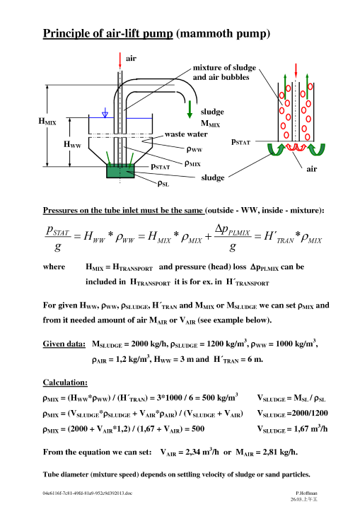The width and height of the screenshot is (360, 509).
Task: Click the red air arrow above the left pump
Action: tap(120, 61)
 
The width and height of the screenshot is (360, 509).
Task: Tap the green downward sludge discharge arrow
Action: tap(190, 110)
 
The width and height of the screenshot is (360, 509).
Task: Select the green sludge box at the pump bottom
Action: tap(120, 171)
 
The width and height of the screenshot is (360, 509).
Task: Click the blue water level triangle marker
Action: tap(105, 113)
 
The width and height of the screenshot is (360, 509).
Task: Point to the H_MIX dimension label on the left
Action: tap(47, 122)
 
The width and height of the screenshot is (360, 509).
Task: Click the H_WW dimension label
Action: tap(72, 144)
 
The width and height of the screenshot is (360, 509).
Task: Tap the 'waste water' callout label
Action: tap(186, 134)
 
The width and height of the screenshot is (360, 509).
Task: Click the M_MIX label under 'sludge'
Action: tap(210, 124)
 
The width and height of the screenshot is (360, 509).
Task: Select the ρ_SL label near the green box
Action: tap(163, 184)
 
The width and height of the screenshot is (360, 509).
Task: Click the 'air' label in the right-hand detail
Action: tap(311, 169)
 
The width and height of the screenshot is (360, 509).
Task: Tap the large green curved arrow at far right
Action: tap(317, 150)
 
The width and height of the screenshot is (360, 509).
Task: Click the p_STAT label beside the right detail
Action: tap(240, 142)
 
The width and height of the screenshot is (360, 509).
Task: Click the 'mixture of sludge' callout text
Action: tap(224, 68)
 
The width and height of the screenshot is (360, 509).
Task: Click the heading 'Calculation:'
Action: tap(65, 382)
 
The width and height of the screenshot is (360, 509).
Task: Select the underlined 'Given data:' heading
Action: tap(64, 344)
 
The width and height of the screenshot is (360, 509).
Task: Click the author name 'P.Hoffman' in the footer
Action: tap(306, 493)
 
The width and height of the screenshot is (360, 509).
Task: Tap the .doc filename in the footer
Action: tap(88, 493)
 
